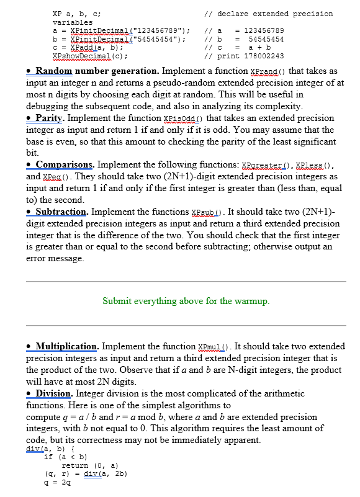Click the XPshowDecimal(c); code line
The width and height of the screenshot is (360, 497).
click(86, 56)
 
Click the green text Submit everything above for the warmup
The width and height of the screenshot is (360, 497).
click(186, 302)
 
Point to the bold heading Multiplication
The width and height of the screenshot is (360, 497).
click(67, 346)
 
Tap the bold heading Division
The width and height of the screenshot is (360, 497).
click(55, 393)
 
